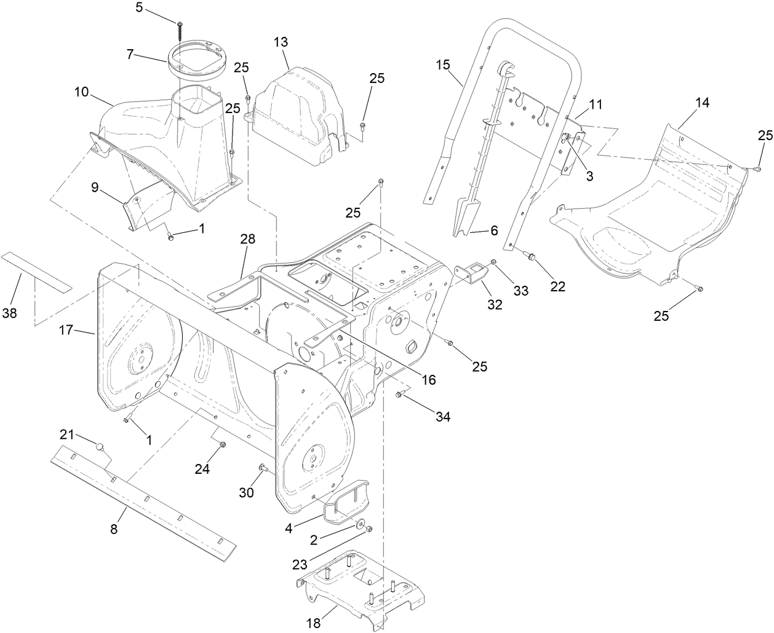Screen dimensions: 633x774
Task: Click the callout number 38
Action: (x=9, y=313)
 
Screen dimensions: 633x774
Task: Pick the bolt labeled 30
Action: (x=262, y=470)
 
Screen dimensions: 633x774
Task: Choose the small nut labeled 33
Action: (x=494, y=264)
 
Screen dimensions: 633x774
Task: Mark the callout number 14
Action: (x=702, y=103)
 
